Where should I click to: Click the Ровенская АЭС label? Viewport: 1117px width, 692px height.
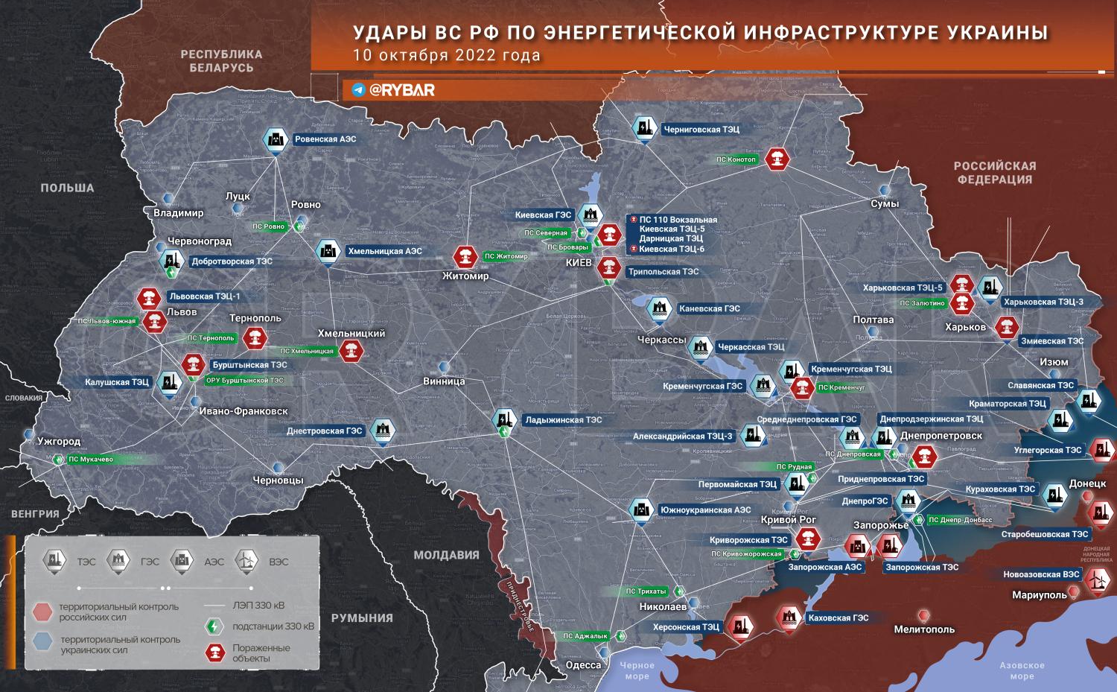click(325, 139)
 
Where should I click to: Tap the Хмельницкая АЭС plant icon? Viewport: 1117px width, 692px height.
click(327, 251)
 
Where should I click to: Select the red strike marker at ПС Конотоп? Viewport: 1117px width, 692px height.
click(777, 159)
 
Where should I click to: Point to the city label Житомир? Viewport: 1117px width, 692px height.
click(465, 276)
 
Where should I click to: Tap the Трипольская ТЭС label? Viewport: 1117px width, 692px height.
click(663, 272)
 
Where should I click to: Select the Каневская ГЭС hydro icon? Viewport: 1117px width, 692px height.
click(658, 308)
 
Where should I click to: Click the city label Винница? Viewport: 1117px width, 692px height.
click(444, 381)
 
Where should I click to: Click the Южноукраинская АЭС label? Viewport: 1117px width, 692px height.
click(704, 510)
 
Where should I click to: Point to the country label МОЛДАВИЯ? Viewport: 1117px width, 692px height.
click(446, 555)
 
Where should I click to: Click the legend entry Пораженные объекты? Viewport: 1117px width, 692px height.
click(261, 653)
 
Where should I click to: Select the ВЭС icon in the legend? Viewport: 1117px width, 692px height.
click(246, 560)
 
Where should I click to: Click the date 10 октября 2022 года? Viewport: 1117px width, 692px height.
click(447, 56)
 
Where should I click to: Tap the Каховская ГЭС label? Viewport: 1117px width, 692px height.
click(838, 618)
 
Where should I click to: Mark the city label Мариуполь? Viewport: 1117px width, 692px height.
click(1039, 595)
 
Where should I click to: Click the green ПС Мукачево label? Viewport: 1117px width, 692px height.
click(91, 460)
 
